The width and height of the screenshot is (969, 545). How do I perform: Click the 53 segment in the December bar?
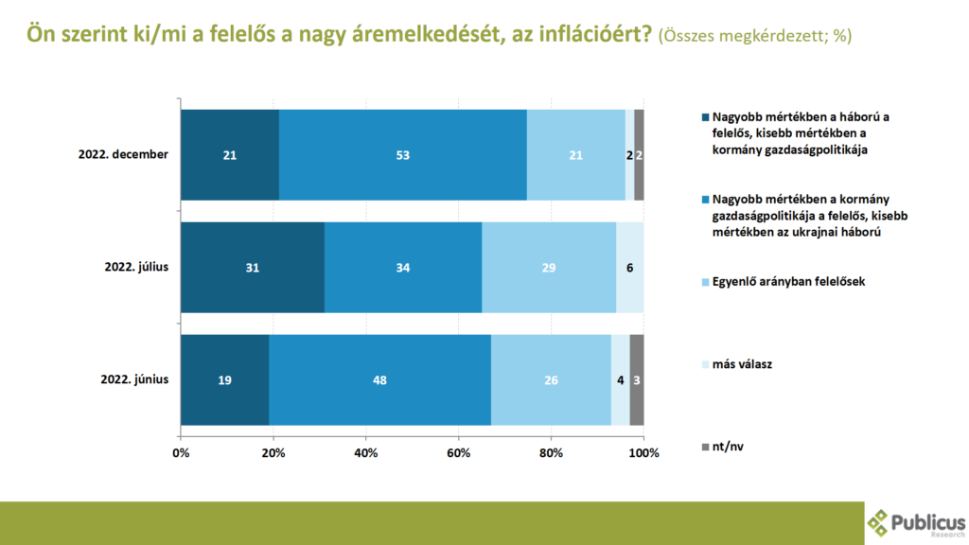[403, 155]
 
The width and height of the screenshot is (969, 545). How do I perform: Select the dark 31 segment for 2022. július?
[253, 268]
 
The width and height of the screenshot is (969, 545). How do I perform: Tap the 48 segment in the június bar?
[379, 379]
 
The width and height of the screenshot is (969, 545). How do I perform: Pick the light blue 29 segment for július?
[549, 268]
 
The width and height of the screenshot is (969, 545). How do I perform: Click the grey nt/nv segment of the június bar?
[637, 379]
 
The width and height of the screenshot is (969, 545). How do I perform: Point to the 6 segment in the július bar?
[630, 268]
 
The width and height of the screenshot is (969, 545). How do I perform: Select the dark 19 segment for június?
[224, 379]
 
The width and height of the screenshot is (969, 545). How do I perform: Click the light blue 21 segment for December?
[575, 155]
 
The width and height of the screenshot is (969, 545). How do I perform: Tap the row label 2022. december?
[123, 155]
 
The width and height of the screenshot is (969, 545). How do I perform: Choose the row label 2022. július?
[136, 268]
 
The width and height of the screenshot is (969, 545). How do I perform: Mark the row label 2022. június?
[134, 379]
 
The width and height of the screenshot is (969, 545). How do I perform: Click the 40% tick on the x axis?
[366, 452]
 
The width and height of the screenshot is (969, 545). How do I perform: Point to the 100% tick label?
[643, 452]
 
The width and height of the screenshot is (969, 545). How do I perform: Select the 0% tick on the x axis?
[181, 452]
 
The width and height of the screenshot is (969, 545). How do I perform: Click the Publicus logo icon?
[877, 522]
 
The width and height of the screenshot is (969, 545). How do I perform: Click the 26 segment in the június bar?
[551, 379]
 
